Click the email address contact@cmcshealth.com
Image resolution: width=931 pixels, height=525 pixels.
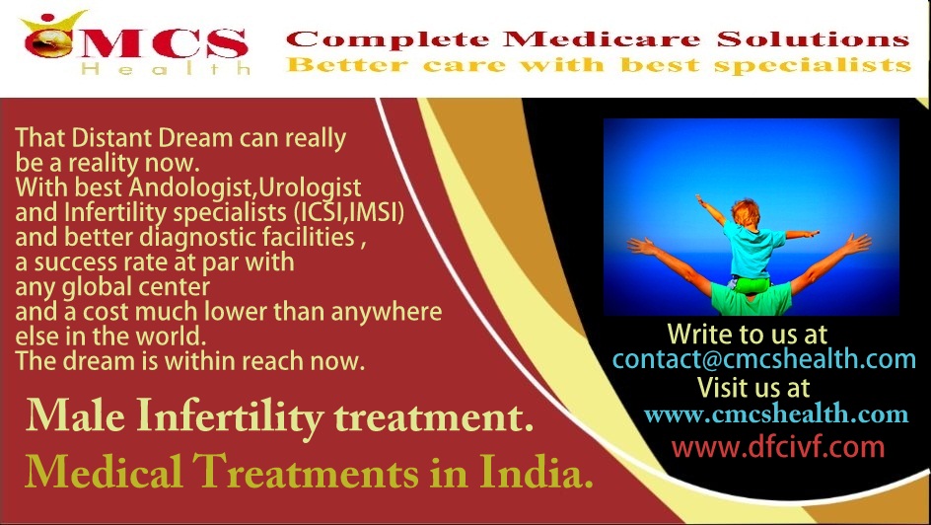pos(763,359)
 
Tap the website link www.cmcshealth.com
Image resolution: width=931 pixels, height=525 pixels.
pos(776,413)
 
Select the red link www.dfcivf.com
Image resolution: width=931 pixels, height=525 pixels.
pos(778,447)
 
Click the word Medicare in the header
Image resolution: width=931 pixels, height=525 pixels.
pos(602,39)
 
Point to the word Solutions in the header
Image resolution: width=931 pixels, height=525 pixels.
pos(813,39)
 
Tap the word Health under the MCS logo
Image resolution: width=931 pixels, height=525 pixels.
pos(167,69)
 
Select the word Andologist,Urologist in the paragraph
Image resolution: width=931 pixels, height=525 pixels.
pos(245,187)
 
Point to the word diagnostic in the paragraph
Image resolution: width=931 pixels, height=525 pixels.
pos(247,238)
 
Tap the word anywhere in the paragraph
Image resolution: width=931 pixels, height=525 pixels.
pos(386,313)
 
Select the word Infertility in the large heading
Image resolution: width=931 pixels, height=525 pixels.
pos(231,416)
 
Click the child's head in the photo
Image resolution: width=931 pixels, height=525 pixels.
pos(746,212)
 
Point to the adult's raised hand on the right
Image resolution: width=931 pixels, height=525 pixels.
pos(855,244)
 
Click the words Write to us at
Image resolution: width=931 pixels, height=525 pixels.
pos(747,334)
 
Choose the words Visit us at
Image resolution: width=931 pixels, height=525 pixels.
pos(753,387)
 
